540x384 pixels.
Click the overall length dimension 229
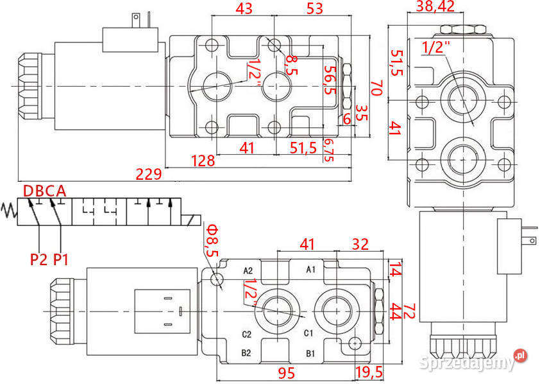pos(148,173)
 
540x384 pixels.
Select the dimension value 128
pos(203,161)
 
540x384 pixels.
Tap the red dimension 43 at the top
pos(244,8)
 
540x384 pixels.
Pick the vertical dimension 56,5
pos(330,80)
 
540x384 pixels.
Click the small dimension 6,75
pos(330,150)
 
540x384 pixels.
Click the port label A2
pos(249,270)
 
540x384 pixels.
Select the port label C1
pos(308,333)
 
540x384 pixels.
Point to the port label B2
pos(247,353)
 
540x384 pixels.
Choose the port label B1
pos(310,353)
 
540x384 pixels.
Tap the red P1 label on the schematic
pos(61,259)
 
